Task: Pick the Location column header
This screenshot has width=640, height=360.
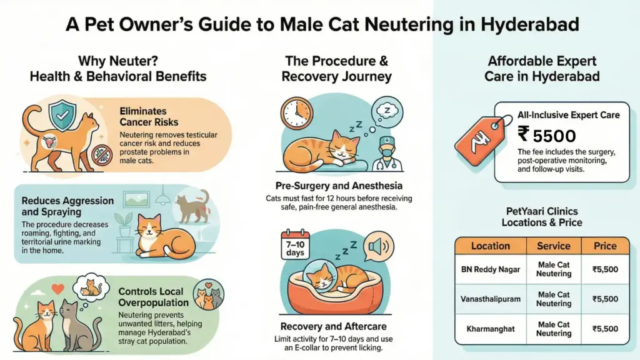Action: pyautogui.click(x=491, y=246)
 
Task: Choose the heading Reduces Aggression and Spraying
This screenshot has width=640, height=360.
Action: pyautogui.click(x=67, y=207)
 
